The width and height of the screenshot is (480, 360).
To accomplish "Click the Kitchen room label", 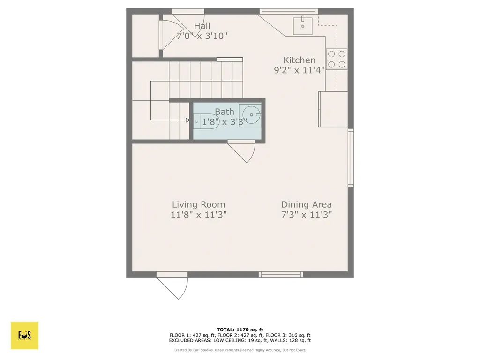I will tap(299, 60).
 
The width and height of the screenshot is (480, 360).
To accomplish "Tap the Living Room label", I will tap(198, 204).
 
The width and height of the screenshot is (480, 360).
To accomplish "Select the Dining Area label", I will tap(306, 204).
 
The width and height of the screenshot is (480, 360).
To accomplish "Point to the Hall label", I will tap(202, 26).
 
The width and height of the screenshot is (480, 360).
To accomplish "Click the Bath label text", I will tap(225, 112).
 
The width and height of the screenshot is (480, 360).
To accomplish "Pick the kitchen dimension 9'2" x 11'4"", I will tap(299, 70).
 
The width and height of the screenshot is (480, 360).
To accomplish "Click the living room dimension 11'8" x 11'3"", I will tap(198, 215).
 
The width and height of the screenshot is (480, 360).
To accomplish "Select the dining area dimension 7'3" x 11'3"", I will tap(306, 215).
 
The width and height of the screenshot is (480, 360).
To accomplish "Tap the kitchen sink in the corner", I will tap(302, 26).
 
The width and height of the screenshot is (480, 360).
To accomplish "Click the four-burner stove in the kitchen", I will tap(337, 59).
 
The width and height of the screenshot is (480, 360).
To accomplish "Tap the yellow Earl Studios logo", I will tap(24, 335).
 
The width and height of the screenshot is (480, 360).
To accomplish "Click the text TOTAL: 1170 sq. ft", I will tap(240, 329).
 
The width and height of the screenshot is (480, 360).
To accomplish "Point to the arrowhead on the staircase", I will tap(188, 120).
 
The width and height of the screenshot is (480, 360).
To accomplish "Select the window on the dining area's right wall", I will tap(351, 158).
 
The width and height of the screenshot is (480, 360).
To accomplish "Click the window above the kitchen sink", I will tap(289, 11).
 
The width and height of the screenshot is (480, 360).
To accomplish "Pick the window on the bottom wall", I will tap(281, 274).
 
